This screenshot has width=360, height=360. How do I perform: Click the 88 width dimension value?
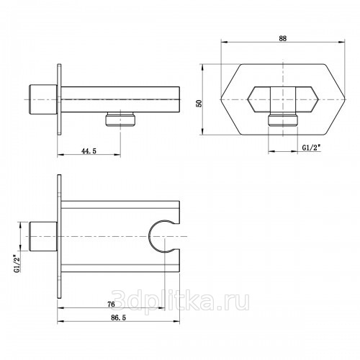click(x=283, y=38)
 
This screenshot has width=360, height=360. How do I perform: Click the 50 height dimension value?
click(x=199, y=103)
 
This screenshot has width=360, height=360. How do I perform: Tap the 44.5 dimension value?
click(x=89, y=151)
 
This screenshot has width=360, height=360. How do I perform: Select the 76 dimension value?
click(x=111, y=305)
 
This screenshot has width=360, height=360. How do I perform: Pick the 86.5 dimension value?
click(x=118, y=318)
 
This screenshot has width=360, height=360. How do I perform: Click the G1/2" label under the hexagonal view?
click(x=312, y=148)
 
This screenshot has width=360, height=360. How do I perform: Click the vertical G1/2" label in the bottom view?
click(x=17, y=264)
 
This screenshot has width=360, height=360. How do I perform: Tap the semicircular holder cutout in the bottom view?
click(x=149, y=236)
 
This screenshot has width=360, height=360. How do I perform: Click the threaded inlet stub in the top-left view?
click(x=43, y=99)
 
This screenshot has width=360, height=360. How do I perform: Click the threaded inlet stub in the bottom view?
click(x=43, y=237)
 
